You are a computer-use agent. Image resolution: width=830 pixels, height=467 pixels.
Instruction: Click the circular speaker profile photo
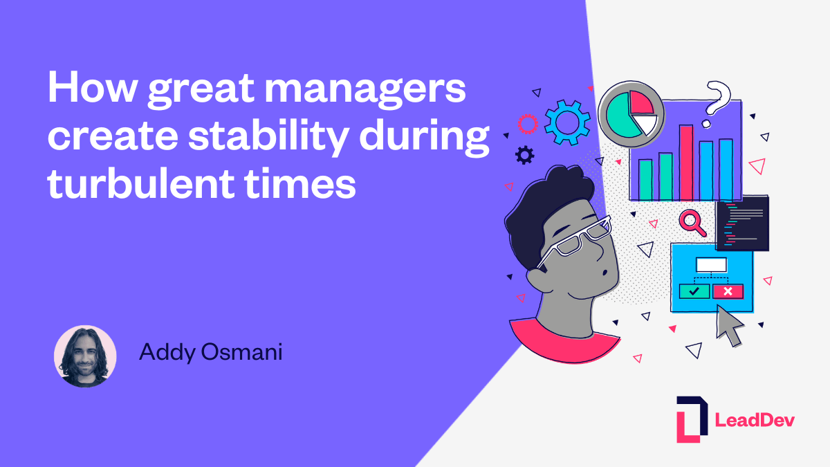(x=85, y=356)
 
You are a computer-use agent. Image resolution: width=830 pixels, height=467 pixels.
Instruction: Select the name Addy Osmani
(x=210, y=352)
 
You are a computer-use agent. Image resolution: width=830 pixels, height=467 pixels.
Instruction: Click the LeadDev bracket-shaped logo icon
(x=692, y=419)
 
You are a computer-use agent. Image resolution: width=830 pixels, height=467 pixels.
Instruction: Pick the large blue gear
(x=567, y=122)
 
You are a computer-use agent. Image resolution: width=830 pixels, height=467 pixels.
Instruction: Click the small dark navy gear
(x=525, y=155)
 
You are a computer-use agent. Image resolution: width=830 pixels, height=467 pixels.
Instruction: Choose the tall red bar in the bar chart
(x=685, y=163)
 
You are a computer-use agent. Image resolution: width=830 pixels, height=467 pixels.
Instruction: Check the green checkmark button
(x=694, y=291)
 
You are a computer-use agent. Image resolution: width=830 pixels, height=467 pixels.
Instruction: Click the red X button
(x=728, y=291)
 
